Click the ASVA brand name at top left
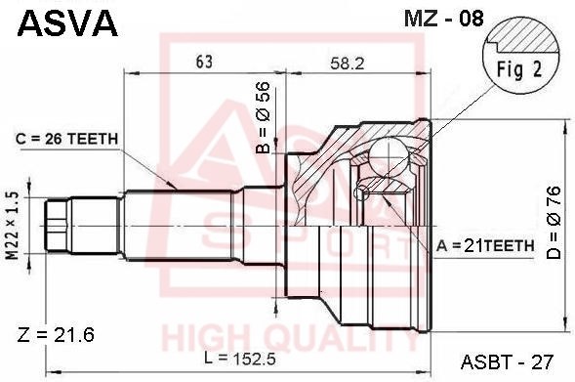tap(67, 22)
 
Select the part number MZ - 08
tap(444, 19)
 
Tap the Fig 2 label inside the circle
tap(519, 69)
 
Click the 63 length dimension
tap(204, 62)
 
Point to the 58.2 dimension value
tap(348, 64)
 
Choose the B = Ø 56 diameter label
tap(264, 117)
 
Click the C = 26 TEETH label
tap(66, 139)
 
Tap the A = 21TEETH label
tap(485, 246)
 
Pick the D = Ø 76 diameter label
tap(554, 223)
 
